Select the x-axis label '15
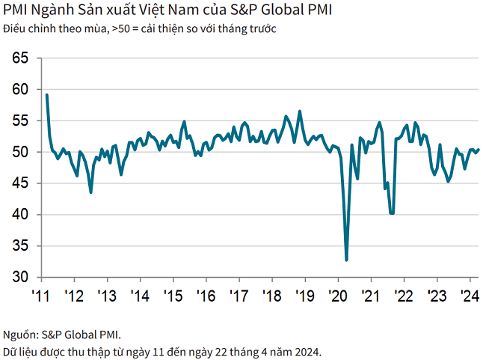(172, 294)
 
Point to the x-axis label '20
(336, 294)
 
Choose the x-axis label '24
(469, 294)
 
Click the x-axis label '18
(271, 294)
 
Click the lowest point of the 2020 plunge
(346, 260)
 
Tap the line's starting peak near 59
(47, 95)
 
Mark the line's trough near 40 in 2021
(392, 213)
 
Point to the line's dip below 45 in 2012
(90, 192)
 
